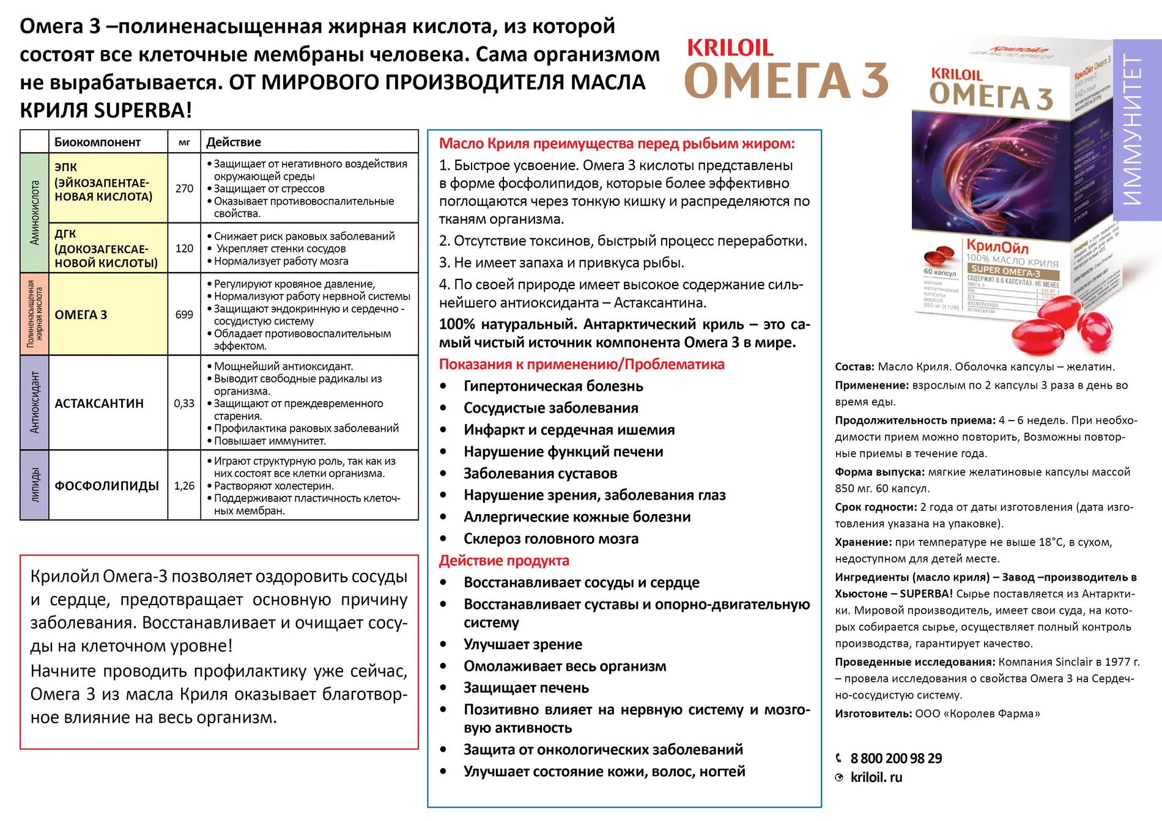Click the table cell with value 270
[x=184, y=188]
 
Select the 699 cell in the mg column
[x=184, y=314]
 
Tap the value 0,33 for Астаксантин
[x=184, y=403]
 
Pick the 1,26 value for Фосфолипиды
[x=184, y=486]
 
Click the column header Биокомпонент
[x=97, y=142]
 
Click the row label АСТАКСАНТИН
[x=99, y=403]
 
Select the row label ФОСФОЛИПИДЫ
[x=106, y=486]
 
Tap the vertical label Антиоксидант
[x=35, y=402]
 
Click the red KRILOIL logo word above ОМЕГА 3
[x=730, y=48]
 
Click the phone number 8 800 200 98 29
[x=896, y=759]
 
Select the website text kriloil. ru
[x=876, y=778]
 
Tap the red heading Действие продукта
[x=504, y=561]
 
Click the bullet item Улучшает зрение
[x=523, y=644]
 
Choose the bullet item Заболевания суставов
[x=540, y=473]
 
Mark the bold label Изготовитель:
[x=873, y=713]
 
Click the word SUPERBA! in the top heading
[x=143, y=110]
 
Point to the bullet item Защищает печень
[x=526, y=688]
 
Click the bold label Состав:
[x=854, y=367]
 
